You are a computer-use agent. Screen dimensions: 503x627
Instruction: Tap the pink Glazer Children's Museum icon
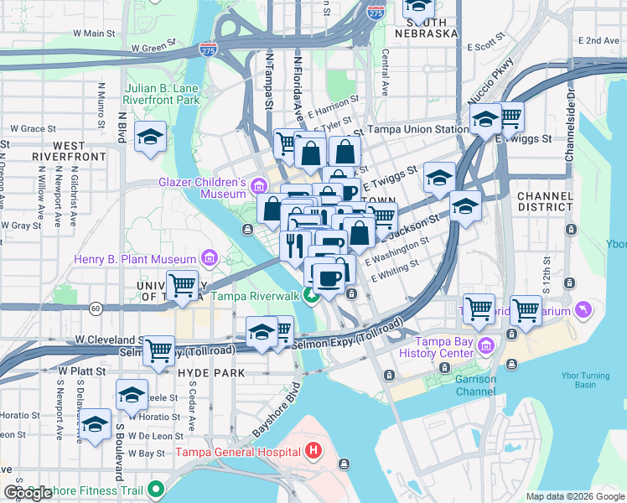258,185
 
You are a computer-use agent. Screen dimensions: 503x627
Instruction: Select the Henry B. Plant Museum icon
209,257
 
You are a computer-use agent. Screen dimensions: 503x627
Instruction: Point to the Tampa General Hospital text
237,453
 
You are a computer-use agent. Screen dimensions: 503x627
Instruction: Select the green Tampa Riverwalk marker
312,295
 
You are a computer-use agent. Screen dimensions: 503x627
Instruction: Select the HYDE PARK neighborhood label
210,372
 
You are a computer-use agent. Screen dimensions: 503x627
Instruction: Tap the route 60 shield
97,309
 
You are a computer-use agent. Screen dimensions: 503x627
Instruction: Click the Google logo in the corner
28,493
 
